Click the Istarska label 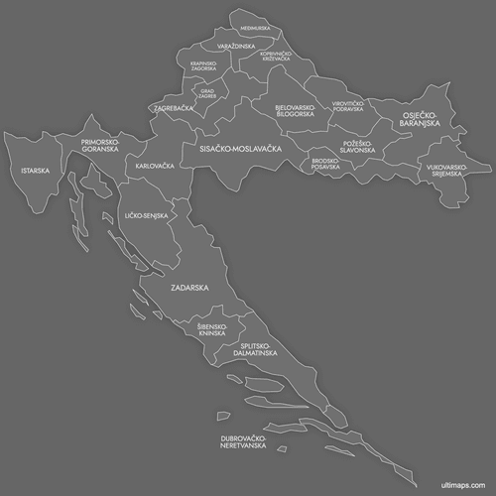(x=35, y=171)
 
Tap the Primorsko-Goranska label (x=100, y=145)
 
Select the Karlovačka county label (x=155, y=166)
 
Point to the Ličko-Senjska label (x=146, y=215)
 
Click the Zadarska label (x=188, y=288)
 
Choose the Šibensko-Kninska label (x=212, y=329)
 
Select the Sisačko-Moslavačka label (x=241, y=148)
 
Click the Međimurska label (x=255, y=28)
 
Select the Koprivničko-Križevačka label (x=276, y=57)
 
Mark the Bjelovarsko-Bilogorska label (x=296, y=109)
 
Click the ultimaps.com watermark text (x=463, y=485)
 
